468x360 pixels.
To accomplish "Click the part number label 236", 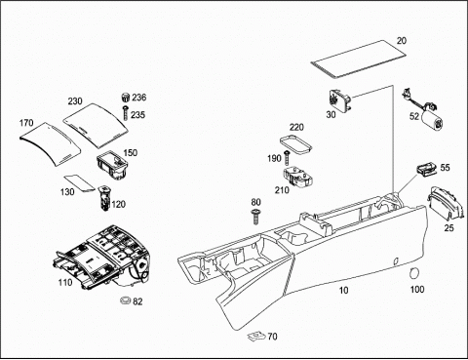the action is tap(139, 98).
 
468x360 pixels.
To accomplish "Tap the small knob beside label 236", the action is tap(125, 97).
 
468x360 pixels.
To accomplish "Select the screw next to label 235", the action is tap(126, 113).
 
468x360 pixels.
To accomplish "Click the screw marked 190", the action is tap(287, 158).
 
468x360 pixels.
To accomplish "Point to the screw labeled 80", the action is tap(255, 217).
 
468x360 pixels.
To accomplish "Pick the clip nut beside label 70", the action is tap(256, 336).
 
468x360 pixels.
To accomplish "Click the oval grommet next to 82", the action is tap(125, 300).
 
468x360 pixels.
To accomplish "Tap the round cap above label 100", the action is tap(413, 273).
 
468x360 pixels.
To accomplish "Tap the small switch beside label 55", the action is tap(426, 169).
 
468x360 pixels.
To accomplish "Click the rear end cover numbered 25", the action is tap(446, 203).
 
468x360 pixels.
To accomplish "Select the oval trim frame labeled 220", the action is tap(296, 143).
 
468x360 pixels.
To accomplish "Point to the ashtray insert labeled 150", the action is tap(112, 164).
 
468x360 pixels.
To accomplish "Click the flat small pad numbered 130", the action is tap(79, 182).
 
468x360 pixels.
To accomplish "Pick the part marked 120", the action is tap(104, 198).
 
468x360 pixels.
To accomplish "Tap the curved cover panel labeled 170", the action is tap(51, 143).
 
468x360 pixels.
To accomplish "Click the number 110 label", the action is tap(65, 283).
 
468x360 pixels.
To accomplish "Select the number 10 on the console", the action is tap(343, 290).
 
